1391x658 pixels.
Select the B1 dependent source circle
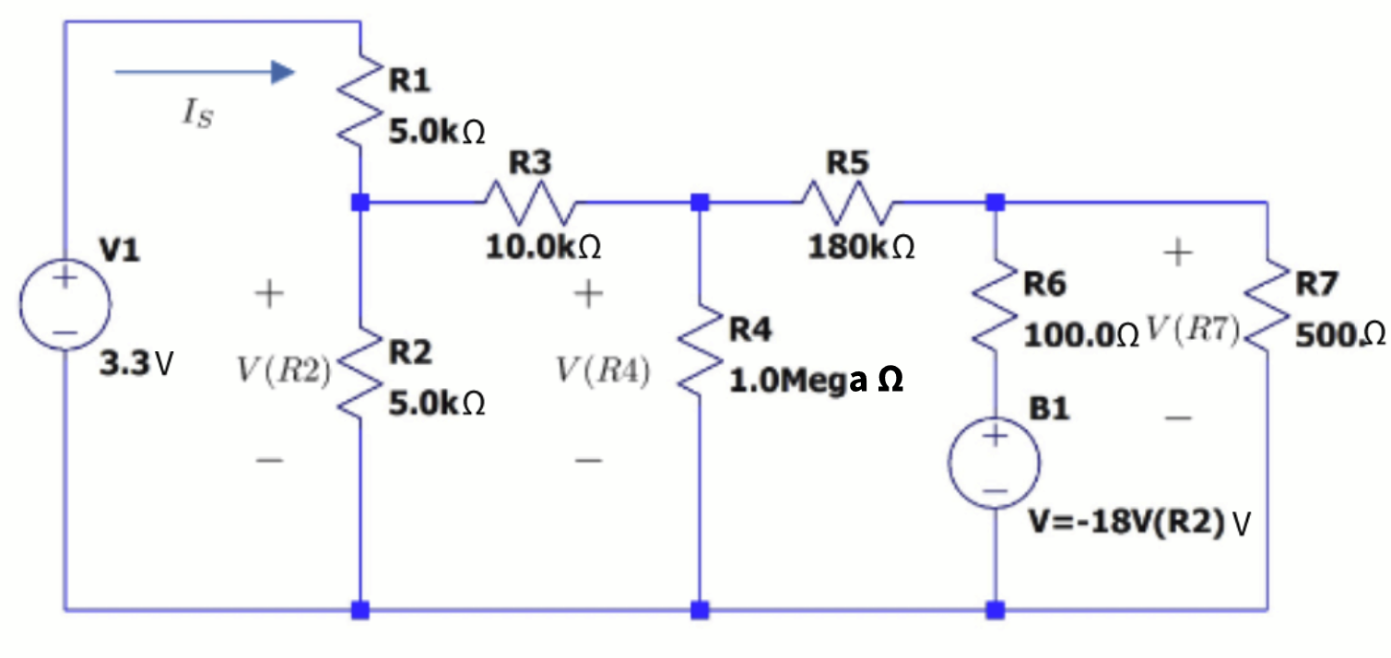tap(995, 463)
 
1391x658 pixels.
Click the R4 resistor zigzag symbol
tap(700, 349)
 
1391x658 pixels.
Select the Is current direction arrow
tap(204, 72)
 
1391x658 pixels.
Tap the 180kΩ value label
tap(862, 247)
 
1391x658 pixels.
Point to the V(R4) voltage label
tap(603, 371)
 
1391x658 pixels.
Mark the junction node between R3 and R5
tap(700, 202)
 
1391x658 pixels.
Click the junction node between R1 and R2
tap(360, 202)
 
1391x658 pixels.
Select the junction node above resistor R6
tap(995, 202)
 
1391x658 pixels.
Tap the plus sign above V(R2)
tap(268, 295)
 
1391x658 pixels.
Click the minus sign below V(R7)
tap(1178, 418)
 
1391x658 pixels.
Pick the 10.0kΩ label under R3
tap(544, 247)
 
